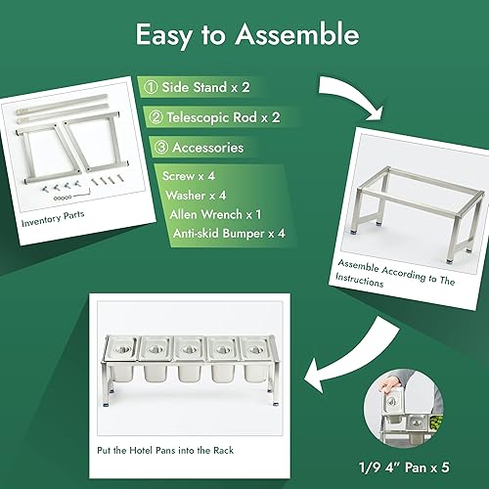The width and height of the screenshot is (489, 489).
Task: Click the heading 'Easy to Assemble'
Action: click(244, 35)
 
